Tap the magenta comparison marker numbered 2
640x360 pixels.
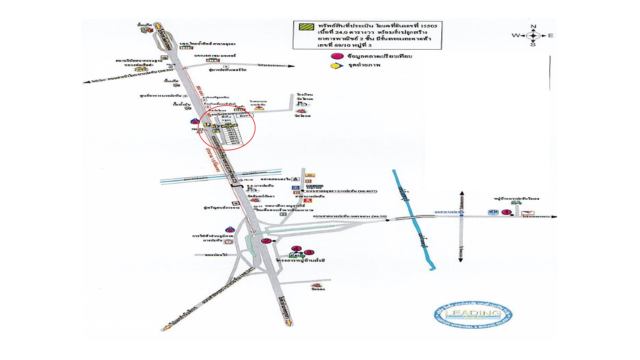point(266,241)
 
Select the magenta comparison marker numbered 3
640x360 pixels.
point(309,252)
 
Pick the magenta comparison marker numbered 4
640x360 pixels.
point(296,248)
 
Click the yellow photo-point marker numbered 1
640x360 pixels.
point(207,125)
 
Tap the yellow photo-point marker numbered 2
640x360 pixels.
point(216,131)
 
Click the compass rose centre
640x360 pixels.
point(533,35)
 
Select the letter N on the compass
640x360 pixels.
point(533,26)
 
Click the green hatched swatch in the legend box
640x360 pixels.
point(306,26)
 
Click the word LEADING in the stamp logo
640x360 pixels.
point(473,313)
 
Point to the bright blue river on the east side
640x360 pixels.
point(413,217)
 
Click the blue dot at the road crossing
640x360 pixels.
point(461,216)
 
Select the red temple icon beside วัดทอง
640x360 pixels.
point(316,285)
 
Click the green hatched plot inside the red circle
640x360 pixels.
point(229,125)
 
